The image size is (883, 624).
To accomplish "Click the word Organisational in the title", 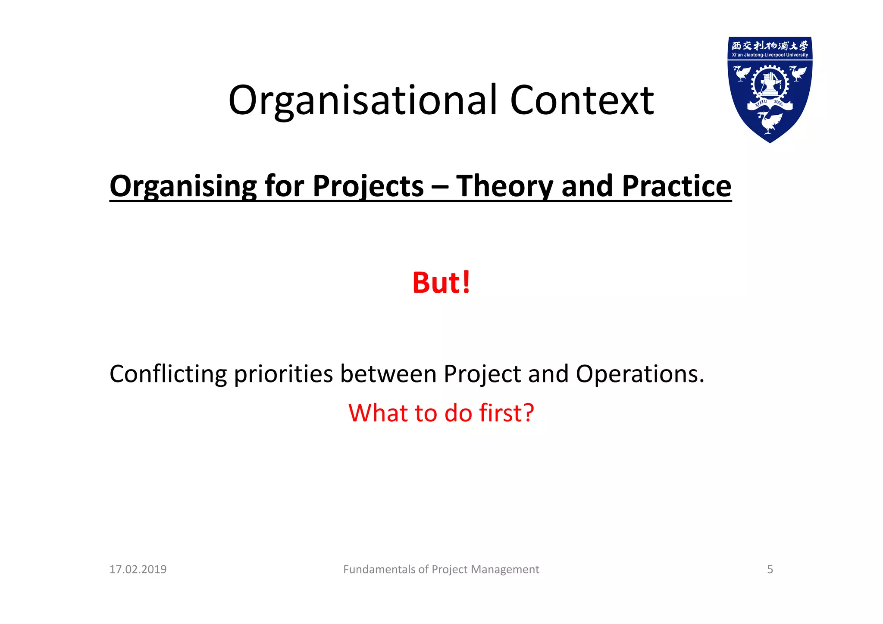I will [363, 101].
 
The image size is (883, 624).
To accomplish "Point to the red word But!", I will [441, 283].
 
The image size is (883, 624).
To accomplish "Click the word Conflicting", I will [168, 374].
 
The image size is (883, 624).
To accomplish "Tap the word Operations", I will [640, 374].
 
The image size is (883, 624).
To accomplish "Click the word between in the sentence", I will [388, 374].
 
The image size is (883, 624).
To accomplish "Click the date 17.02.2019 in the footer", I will [138, 570].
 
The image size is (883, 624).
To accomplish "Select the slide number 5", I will [770, 570].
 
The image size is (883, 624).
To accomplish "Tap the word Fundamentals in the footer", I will [379, 570].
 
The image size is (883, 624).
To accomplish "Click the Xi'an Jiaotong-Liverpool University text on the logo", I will [770, 55].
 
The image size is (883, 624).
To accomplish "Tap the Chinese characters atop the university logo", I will [770, 46].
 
